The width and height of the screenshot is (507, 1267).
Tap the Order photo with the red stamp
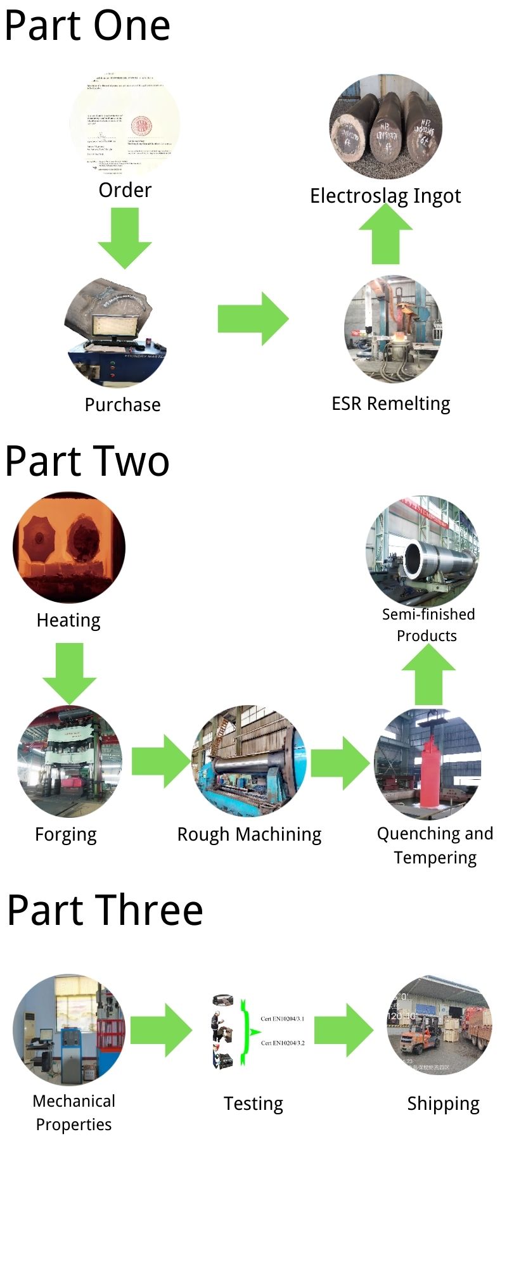[x=125, y=125]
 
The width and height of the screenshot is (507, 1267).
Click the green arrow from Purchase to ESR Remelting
[x=252, y=319]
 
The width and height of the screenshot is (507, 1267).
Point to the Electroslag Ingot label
[x=385, y=196]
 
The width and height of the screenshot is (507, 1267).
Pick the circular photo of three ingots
[x=385, y=127]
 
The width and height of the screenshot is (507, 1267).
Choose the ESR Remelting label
[x=390, y=404]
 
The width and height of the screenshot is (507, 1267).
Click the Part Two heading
[x=87, y=461]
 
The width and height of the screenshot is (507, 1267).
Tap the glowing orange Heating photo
[x=69, y=547]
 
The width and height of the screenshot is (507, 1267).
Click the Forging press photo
[x=69, y=761]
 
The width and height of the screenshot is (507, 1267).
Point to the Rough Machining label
[x=249, y=834]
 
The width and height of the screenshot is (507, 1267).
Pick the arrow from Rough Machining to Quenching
[x=340, y=763]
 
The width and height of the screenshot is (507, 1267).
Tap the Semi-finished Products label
[x=428, y=625]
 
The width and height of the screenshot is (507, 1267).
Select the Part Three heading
[x=105, y=910]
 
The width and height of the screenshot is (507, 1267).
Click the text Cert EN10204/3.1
[x=283, y=1019]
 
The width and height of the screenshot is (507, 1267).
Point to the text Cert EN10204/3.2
[x=283, y=1043]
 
